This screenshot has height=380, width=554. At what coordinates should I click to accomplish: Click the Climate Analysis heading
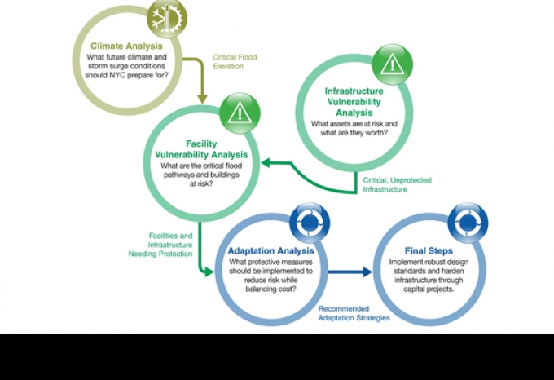tap(126, 46)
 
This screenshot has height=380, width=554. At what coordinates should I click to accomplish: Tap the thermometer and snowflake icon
tap(167, 18)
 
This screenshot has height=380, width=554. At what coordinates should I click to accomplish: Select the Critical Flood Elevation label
tap(235, 61)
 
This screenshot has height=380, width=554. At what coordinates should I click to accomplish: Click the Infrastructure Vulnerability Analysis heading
tap(354, 102)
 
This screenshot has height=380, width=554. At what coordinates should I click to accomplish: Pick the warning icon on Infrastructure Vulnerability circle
tap(392, 64)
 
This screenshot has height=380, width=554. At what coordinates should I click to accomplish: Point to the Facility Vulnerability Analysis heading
tap(201, 149)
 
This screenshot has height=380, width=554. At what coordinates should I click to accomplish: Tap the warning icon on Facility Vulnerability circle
tap(240, 113)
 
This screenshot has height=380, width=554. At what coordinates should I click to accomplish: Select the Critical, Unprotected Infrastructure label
tap(397, 184)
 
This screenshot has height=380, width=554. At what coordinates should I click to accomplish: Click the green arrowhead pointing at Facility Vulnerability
tap(266, 163)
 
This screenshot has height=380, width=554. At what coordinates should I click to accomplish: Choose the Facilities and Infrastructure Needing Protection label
tap(160, 245)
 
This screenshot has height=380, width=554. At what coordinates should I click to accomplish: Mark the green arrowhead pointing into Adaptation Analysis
tap(209, 272)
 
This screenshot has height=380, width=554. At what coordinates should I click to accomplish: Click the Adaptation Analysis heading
tap(271, 251)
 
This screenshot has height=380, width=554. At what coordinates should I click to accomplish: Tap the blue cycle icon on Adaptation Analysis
tap(310, 223)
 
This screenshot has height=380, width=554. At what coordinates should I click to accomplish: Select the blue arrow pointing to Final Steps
tap(350, 272)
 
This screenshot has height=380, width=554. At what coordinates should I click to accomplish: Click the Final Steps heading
tap(429, 251)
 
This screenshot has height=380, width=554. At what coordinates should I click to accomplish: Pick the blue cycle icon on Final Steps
tap(468, 223)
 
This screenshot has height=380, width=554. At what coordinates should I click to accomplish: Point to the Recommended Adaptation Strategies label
tap(354, 313)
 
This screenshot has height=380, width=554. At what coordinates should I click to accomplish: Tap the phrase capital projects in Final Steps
tap(429, 289)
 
